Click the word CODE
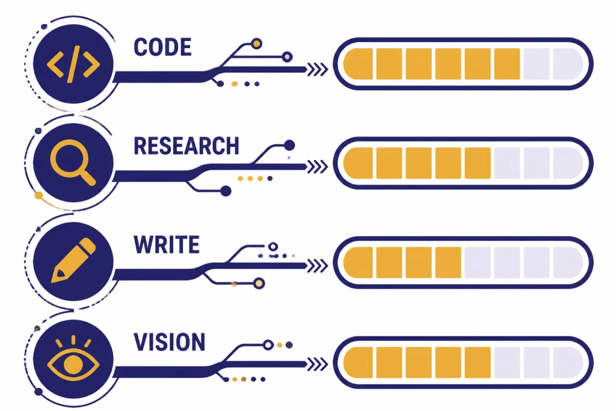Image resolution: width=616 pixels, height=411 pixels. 162,47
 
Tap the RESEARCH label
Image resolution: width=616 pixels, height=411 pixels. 186,146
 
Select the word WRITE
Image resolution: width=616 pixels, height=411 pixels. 167,245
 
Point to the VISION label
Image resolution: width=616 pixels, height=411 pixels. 169,342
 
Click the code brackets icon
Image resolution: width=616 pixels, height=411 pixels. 73,64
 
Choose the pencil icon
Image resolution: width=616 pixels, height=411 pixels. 73,260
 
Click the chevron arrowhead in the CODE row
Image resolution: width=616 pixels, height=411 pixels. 318,70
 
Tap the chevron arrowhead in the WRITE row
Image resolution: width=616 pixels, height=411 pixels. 318,266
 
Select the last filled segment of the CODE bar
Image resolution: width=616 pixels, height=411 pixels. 507,64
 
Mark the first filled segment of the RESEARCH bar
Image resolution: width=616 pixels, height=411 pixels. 358,163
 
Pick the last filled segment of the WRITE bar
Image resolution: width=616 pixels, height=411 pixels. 448,262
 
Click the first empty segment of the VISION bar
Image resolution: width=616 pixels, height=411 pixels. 507,362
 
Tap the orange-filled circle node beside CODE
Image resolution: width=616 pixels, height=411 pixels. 256,43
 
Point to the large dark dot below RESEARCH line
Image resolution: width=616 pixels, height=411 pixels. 226,191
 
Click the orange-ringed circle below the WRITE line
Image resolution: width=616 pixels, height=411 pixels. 259,283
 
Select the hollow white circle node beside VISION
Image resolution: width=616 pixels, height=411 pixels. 268,345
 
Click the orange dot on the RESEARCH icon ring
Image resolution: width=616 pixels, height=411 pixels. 38,196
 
